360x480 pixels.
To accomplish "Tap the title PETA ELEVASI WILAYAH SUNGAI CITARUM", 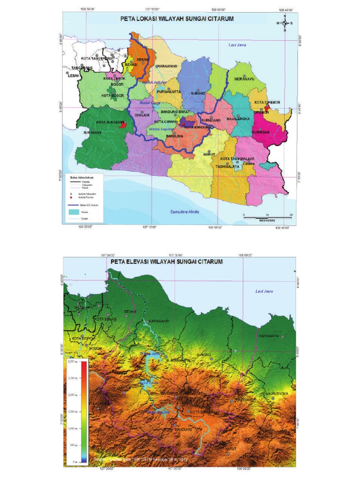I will tap(166, 262).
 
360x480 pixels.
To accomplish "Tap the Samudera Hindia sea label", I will tap(184, 211).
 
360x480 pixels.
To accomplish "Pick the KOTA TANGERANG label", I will tap(97, 59).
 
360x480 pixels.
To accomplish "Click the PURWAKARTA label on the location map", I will tap(170, 92).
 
